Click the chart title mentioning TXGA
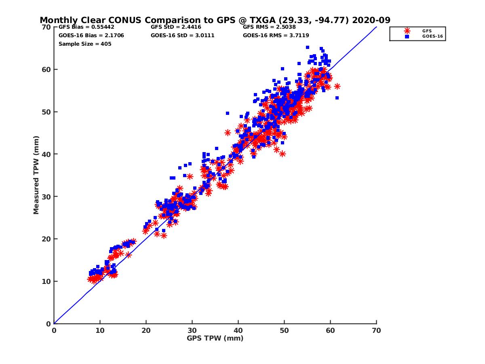point(215,20)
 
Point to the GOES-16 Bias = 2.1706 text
point(91,36)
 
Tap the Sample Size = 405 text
point(85,44)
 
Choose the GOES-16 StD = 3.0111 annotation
point(182,36)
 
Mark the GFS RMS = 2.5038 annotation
point(270,28)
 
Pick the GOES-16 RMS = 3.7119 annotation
point(276,36)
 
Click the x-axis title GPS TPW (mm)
point(215,338)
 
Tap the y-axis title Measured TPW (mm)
point(36,175)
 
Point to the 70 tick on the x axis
point(376,330)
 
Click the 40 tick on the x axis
point(238,330)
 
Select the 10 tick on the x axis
point(100,330)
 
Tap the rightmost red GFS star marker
point(337,86)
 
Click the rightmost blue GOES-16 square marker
point(337,98)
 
